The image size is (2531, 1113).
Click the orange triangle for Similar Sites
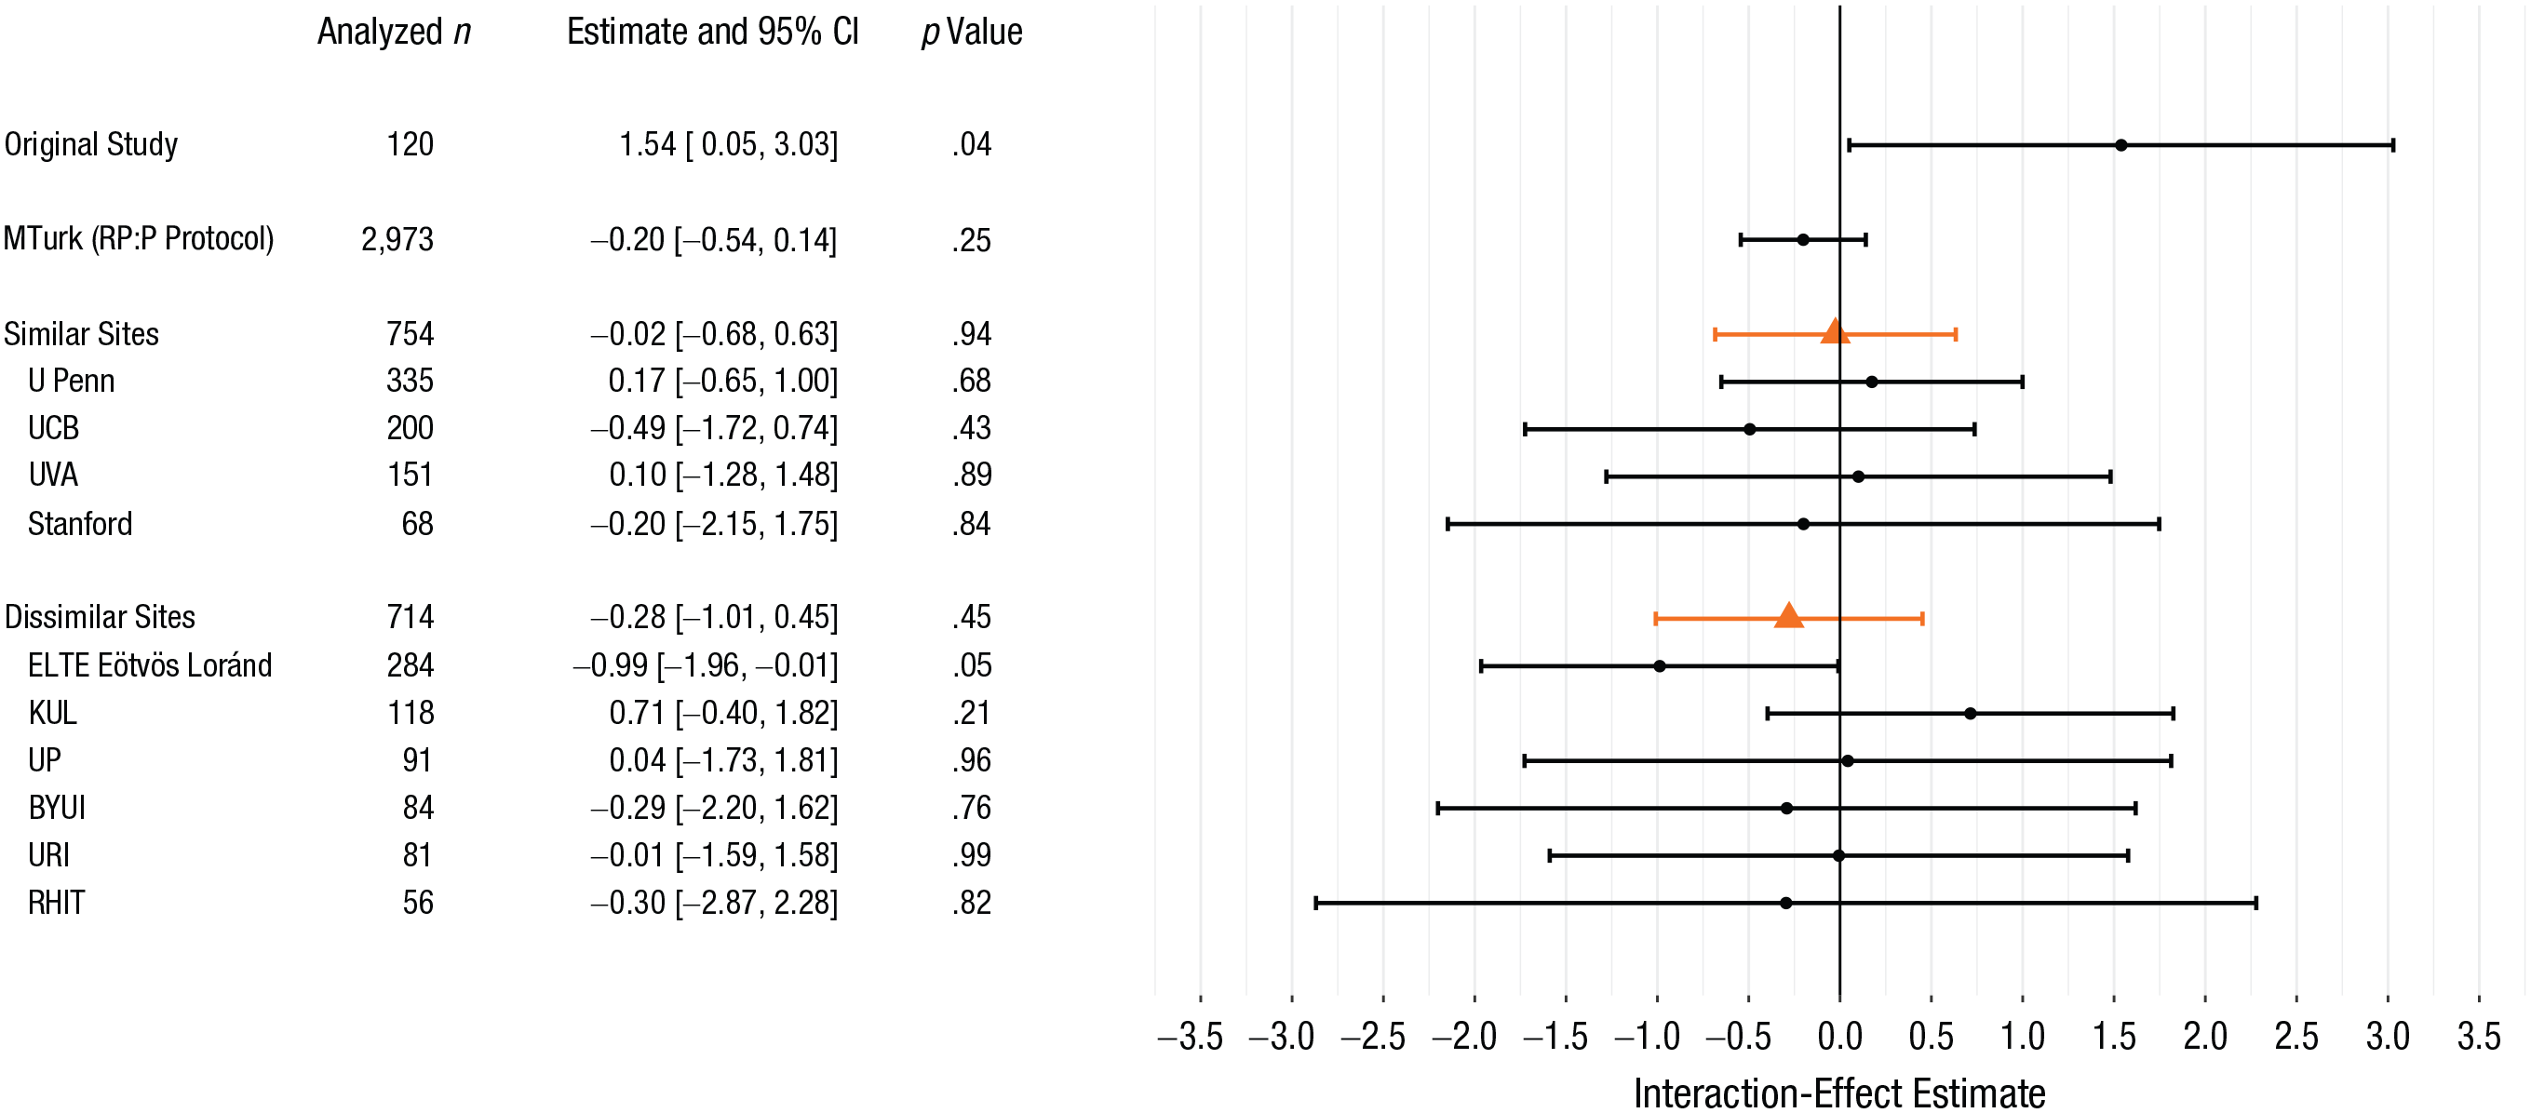pos(1834,332)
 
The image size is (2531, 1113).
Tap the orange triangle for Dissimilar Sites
pos(1788,616)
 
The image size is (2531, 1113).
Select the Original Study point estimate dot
pos(2120,145)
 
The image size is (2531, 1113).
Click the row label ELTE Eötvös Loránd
pos(149,665)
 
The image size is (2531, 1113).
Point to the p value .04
pos(972,144)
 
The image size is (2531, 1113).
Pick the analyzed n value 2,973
pos(397,240)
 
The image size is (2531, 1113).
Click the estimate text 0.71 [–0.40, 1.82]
pos(723,713)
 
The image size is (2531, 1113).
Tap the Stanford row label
pos(79,524)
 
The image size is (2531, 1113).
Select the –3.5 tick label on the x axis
pos(1191,1037)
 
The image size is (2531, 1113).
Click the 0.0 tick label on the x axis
pos(1839,1037)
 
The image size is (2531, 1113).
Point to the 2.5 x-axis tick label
pos(2296,1037)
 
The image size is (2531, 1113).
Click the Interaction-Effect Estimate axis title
pos(1839,1093)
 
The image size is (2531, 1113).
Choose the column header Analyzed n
pos(394,33)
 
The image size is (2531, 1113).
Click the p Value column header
pos(972,33)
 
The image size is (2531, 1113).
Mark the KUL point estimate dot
pos(1970,713)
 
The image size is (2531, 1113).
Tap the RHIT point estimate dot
pos(1785,903)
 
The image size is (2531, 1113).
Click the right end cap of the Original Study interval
pos(2392,145)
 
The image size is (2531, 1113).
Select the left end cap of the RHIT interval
pos(1315,903)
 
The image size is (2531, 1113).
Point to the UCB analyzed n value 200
pos(410,428)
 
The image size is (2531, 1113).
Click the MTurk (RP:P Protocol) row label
pos(139,240)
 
